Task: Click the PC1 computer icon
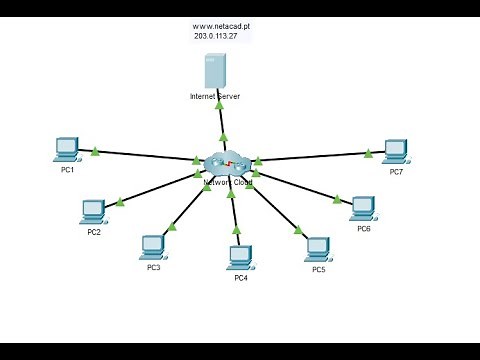click(67, 149)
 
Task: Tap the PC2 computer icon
click(93, 211)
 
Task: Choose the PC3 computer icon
click(153, 246)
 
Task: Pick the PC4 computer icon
click(240, 257)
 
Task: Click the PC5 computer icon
click(318, 248)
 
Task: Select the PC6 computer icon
click(363, 208)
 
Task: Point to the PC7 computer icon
click(396, 151)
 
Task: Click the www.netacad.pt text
click(221, 24)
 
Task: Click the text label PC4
click(241, 278)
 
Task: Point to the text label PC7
click(397, 172)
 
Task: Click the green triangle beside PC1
click(95, 152)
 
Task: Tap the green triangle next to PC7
click(368, 153)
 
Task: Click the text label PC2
click(94, 232)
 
